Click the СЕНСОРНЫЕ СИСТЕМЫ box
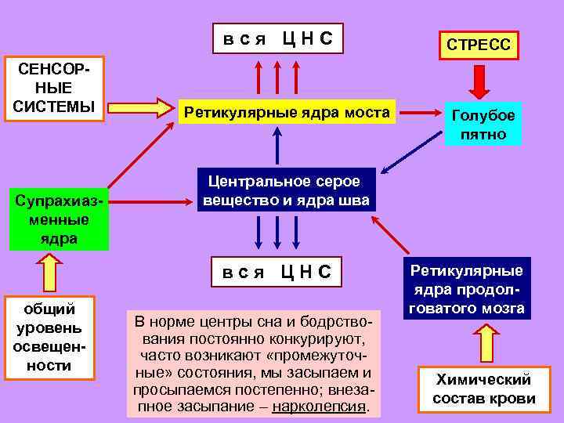point(54,89)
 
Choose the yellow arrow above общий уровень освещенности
point(49,272)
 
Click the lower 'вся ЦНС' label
point(276,272)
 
